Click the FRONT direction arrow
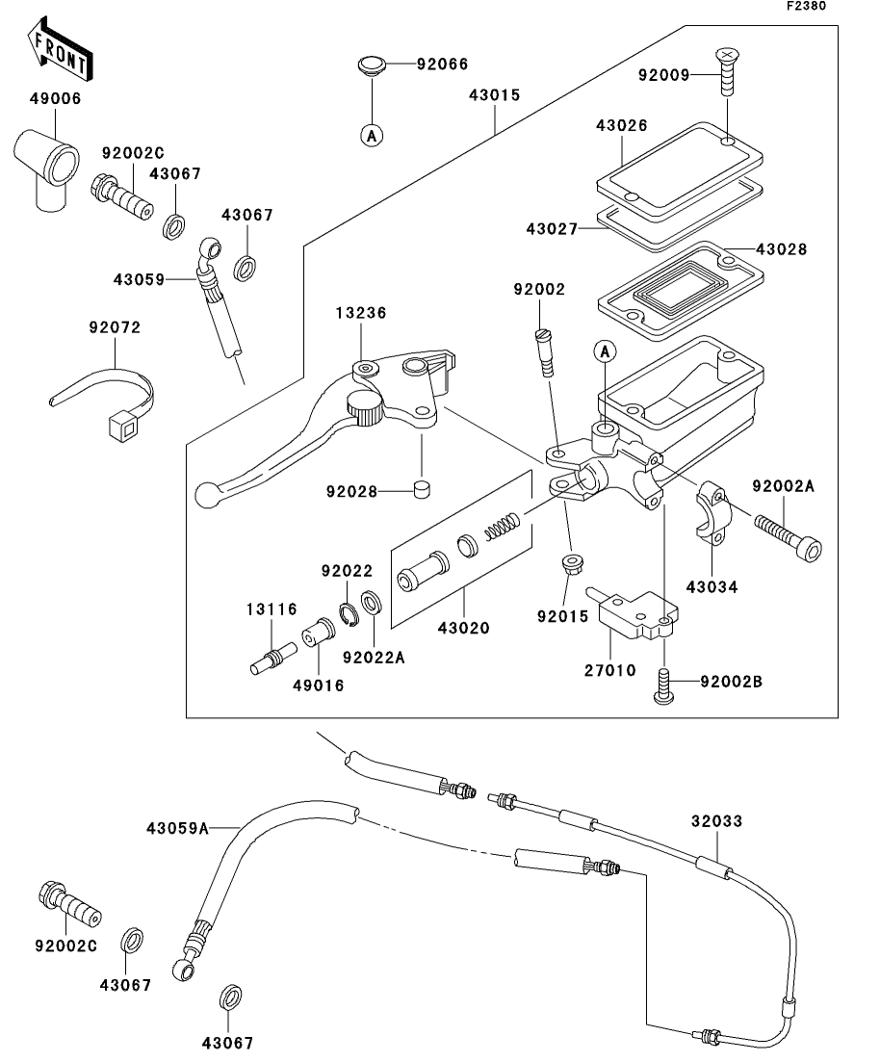click(x=60, y=52)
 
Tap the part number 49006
click(x=54, y=98)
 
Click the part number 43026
click(x=621, y=125)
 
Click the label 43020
click(x=464, y=628)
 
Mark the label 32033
click(x=717, y=823)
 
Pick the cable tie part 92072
click(x=106, y=391)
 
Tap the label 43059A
click(x=178, y=827)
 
